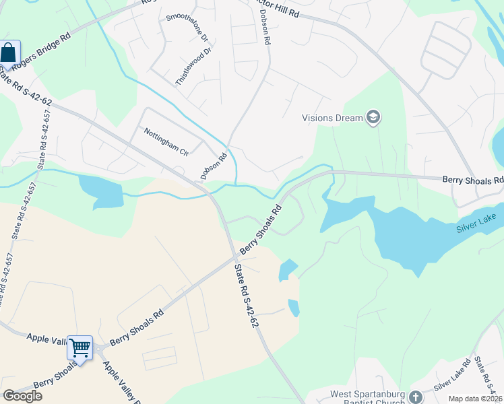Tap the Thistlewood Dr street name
pyautogui.click(x=193, y=65)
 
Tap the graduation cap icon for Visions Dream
pyautogui.click(x=373, y=119)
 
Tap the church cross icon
pyautogui.click(x=415, y=397)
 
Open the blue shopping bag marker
pyautogui.click(x=9, y=53)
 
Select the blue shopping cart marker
pyautogui.click(x=80, y=348)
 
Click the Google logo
pyautogui.click(x=22, y=395)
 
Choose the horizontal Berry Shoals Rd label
pyautogui.click(x=473, y=180)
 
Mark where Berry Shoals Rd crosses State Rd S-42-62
pyautogui.click(x=237, y=257)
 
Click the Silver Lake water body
pyautogui.click(x=404, y=229)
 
